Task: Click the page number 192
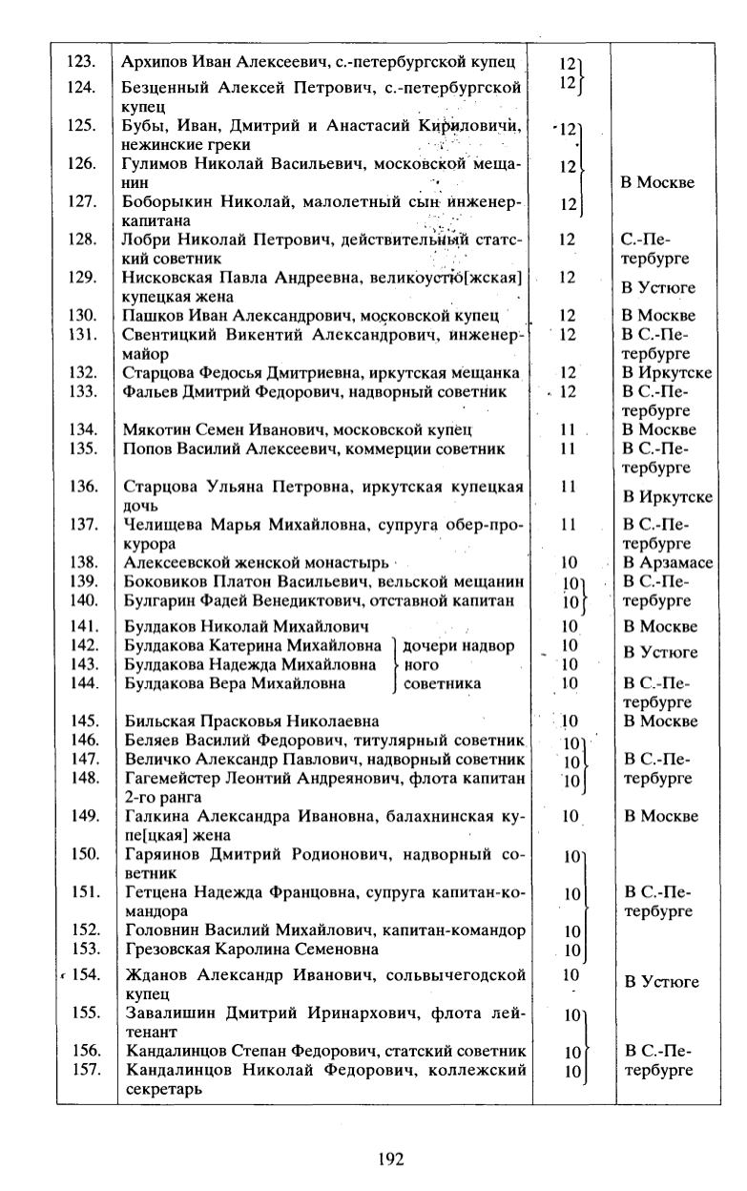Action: (391, 1160)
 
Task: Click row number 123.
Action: (81, 62)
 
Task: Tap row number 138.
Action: (85, 563)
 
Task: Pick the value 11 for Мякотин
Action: (569, 430)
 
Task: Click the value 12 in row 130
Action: (569, 316)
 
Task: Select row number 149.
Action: (86, 816)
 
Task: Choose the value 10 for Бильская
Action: (570, 721)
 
